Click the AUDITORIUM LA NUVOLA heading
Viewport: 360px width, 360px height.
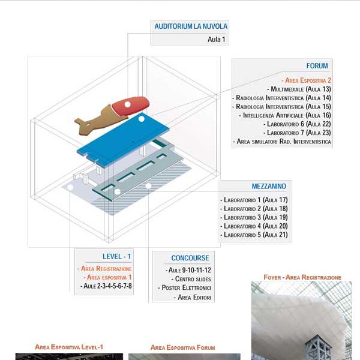click(x=191, y=26)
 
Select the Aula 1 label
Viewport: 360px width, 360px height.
click(x=216, y=40)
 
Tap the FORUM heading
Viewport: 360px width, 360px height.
click(x=317, y=66)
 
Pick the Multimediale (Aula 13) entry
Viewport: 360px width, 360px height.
click(x=301, y=89)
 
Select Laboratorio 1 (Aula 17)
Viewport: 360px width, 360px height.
click(x=254, y=199)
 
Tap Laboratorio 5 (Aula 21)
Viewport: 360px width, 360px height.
click(x=254, y=235)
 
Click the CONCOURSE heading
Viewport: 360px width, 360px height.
click(x=190, y=258)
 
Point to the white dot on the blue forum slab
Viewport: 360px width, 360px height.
click(x=142, y=119)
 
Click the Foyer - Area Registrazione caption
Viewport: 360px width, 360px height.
click(x=302, y=277)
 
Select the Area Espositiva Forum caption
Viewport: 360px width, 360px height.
click(x=182, y=347)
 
